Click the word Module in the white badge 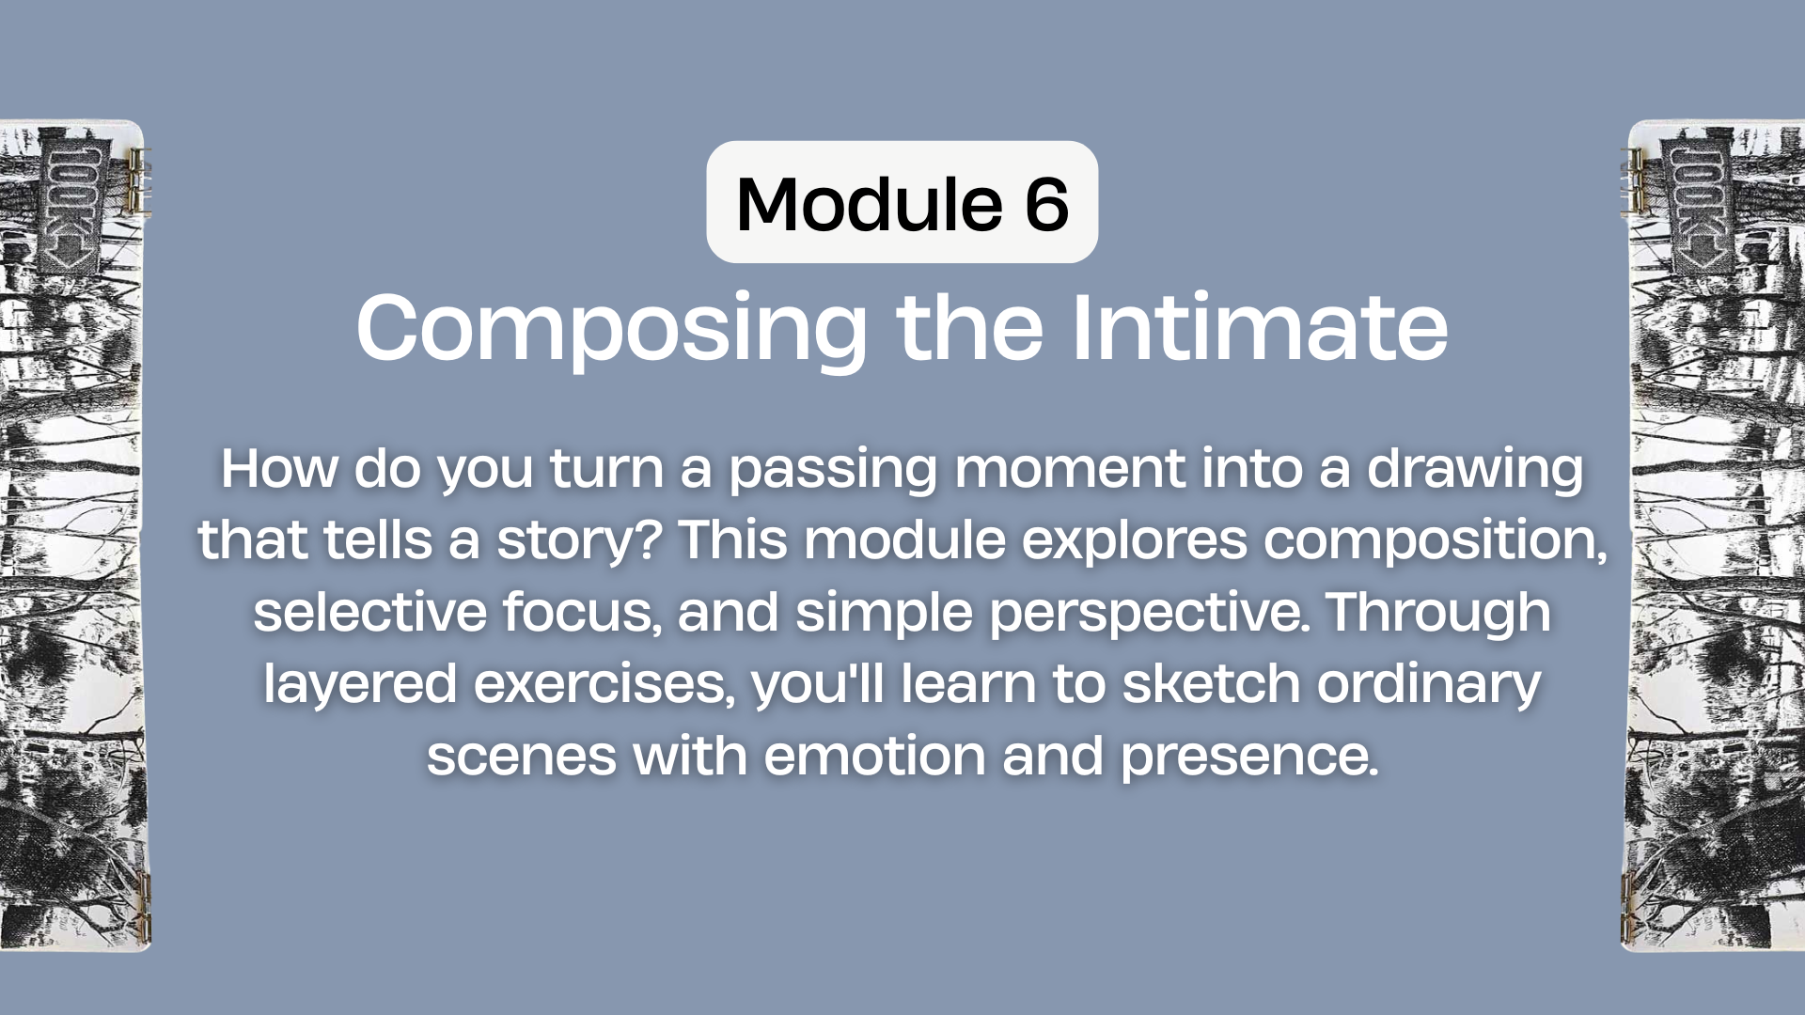[x=870, y=204]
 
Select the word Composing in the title [x=612, y=329]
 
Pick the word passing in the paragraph [x=833, y=471]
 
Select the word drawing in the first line [x=1475, y=471]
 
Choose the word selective [x=369, y=612]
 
